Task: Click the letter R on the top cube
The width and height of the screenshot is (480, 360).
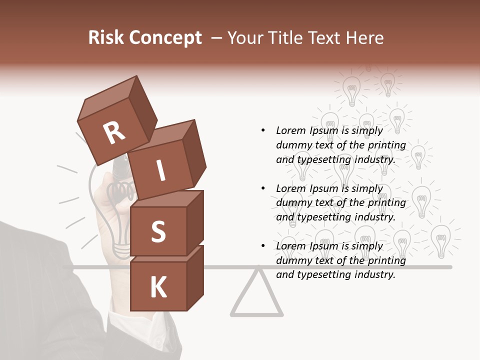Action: pyautogui.click(x=114, y=133)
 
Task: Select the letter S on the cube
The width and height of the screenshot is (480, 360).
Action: pyautogui.click(x=158, y=231)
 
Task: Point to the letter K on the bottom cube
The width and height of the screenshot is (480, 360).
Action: pyautogui.click(x=158, y=287)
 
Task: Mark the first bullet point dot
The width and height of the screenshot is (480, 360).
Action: pyautogui.click(x=263, y=130)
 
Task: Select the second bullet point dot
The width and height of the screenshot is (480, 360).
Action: pyautogui.click(x=263, y=188)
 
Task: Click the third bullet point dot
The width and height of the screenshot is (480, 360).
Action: pyautogui.click(x=263, y=246)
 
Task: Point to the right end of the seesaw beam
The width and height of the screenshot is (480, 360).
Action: pyautogui.click(x=449, y=267)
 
